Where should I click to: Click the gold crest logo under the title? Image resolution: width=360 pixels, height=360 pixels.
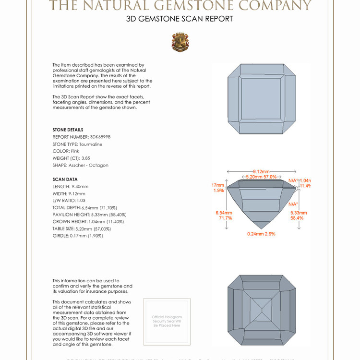180,42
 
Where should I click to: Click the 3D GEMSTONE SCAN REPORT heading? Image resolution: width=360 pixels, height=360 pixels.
180,19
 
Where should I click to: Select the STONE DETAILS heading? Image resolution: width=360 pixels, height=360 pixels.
68,130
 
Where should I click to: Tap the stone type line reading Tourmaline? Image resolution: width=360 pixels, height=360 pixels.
77,144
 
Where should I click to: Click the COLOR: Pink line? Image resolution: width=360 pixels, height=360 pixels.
66,151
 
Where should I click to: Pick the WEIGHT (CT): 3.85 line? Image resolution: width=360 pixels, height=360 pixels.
72,158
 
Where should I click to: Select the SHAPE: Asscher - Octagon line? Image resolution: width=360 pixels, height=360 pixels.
80,165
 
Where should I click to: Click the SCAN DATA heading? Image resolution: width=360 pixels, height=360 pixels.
65,180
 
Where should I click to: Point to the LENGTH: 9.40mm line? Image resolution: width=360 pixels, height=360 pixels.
71,186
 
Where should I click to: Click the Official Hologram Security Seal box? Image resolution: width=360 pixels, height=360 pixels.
167,321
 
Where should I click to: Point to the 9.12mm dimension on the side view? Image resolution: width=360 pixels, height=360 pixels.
261,171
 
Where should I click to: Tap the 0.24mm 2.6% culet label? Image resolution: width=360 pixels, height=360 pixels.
261,234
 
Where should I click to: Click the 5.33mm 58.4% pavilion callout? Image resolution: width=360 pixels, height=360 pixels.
299,215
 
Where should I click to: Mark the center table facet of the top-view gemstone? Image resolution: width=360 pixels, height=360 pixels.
261,100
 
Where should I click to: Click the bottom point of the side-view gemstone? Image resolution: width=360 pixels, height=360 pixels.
261,228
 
